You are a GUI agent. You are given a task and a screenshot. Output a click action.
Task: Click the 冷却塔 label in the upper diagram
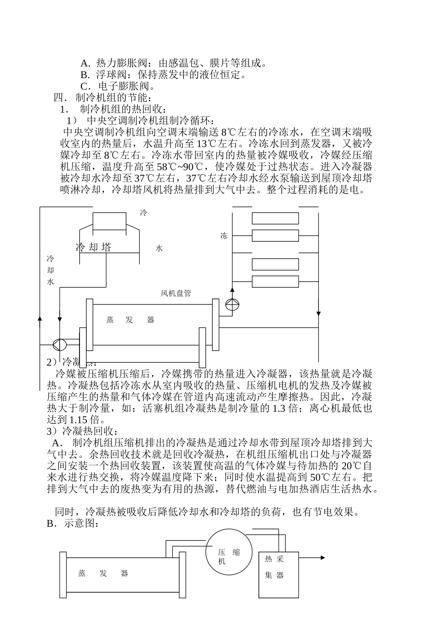[93, 247]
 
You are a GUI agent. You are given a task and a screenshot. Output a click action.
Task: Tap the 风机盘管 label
[176, 293]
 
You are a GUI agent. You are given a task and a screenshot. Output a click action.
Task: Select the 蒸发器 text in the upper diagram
[130, 320]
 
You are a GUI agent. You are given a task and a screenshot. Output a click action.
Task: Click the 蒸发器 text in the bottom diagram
[103, 573]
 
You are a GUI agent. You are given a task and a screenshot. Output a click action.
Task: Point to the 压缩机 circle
[229, 553]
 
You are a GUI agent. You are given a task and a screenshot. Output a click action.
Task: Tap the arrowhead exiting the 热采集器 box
[322, 558]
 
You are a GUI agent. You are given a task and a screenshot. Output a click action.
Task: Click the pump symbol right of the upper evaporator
[232, 304]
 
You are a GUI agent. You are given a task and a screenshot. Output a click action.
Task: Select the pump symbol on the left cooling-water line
[60, 344]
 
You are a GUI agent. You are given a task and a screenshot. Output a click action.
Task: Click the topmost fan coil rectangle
[275, 218]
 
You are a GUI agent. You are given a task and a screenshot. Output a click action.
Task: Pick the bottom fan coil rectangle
[275, 281]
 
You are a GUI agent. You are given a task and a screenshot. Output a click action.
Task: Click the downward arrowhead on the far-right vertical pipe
[318, 314]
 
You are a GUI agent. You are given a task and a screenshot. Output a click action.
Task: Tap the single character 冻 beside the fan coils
[224, 236]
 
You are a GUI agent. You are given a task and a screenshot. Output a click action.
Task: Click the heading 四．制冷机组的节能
[103, 97]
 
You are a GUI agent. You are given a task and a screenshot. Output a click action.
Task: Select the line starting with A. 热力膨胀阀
[174, 63]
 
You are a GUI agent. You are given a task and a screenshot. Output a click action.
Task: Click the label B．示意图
[73, 524]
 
